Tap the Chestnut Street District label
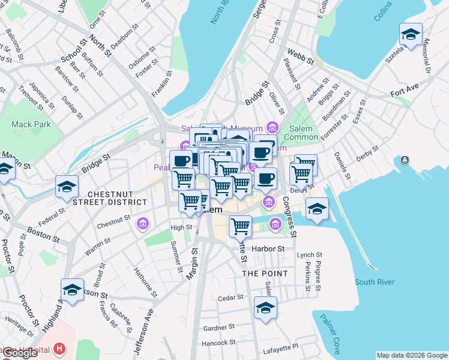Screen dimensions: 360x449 118,199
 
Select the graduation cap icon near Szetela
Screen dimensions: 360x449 411,35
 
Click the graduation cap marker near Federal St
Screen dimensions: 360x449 67,187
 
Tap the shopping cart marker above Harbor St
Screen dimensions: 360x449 240,227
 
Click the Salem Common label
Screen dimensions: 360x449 300,133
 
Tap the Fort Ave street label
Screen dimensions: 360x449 403,94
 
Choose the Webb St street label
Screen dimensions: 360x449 300,57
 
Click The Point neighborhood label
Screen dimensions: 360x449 265,273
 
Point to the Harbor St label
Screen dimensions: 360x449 268,248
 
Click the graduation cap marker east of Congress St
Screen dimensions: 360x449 317,209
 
